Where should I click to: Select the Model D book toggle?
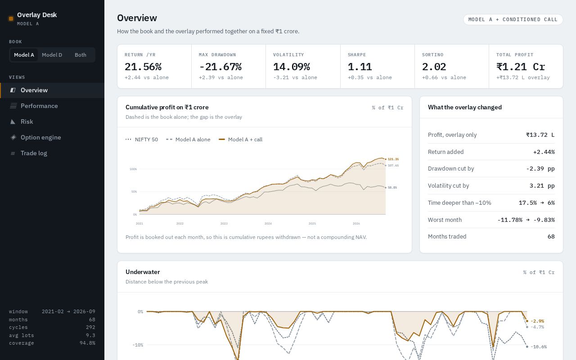pos(52,55)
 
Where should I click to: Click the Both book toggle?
pos(80,55)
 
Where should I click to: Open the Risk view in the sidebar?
pos(27,121)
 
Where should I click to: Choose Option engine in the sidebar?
pos(40,137)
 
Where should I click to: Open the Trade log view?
pos(34,153)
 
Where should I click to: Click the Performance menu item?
pos(39,106)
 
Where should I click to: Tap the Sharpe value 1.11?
pos(360,67)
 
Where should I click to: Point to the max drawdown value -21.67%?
pos(220,67)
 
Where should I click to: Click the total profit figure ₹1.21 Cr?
pos(521,67)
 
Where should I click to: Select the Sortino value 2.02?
pos(434,67)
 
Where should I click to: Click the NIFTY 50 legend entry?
pos(142,139)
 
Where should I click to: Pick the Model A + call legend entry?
pos(240,139)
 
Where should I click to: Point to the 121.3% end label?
pos(393,159)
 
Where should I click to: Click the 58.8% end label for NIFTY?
pos(392,188)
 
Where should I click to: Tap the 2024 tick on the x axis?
pos(268,224)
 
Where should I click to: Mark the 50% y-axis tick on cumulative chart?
pos(134,192)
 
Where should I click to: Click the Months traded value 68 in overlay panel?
pos(551,237)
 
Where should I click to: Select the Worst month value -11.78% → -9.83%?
pos(526,220)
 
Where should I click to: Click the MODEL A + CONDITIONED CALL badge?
pos(513,19)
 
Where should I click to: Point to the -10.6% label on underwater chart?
pos(539,346)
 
